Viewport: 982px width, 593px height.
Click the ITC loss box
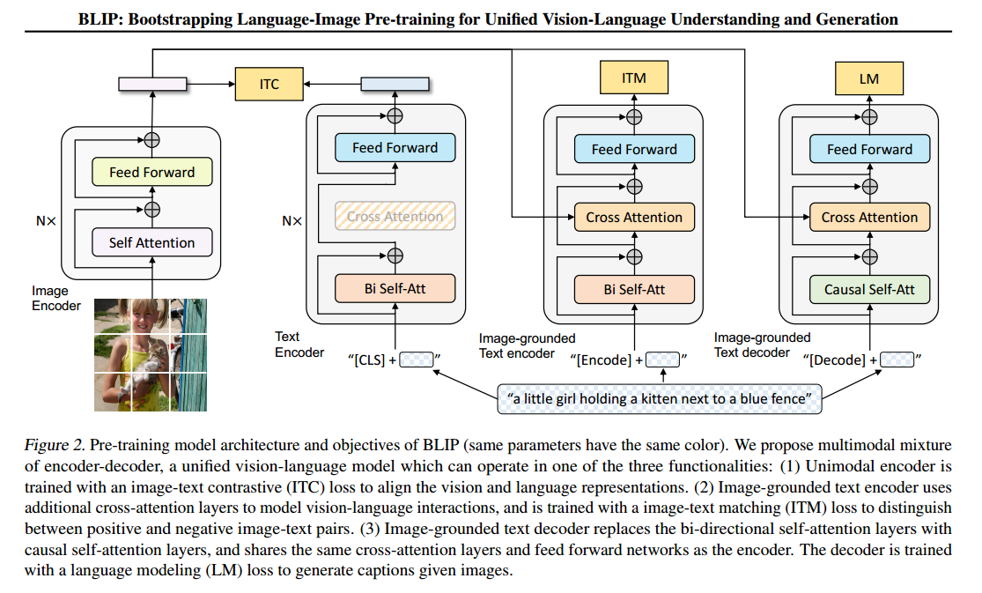tap(269, 84)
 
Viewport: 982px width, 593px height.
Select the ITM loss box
tap(633, 78)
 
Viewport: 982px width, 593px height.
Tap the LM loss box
tap(868, 78)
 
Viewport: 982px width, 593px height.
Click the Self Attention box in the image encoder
tap(151, 242)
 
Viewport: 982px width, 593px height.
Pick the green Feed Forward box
tap(151, 173)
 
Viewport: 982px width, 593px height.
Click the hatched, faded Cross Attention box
tap(395, 217)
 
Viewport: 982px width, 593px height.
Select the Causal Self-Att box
tap(868, 289)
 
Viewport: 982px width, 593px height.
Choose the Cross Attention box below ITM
tap(633, 218)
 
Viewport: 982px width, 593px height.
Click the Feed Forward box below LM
tap(868, 150)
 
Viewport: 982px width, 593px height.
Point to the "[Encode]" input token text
tap(603, 360)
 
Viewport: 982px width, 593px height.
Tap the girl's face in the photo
tap(141, 319)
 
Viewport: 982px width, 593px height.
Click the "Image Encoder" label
tap(56, 298)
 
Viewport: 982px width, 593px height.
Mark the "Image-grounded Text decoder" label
tap(762, 345)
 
